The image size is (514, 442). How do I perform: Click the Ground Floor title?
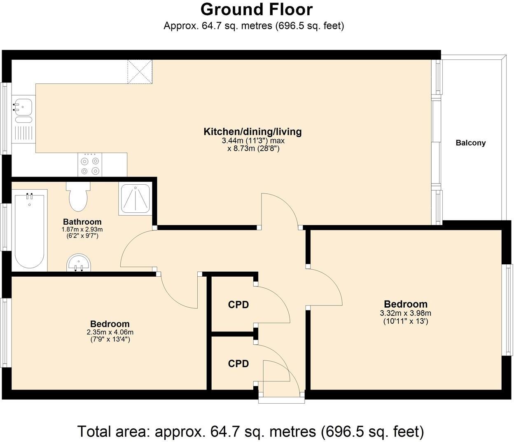256,9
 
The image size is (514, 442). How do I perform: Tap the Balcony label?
470,143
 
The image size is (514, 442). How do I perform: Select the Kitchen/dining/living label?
252,132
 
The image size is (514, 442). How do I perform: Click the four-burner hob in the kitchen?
90,165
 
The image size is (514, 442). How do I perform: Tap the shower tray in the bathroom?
135,198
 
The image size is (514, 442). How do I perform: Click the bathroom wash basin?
78,263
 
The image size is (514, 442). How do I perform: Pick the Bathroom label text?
82,222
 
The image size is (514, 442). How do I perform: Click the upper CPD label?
238,305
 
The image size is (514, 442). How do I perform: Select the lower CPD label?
238,364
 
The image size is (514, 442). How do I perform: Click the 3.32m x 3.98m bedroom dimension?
405,313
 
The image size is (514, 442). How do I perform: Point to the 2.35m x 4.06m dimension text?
110,332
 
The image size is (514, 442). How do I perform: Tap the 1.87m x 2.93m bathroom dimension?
82,230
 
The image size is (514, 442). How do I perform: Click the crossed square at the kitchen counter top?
140,72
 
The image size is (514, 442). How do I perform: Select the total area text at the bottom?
250,432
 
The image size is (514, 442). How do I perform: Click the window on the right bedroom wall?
507,309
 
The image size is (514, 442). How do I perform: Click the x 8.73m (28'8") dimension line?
253,149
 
